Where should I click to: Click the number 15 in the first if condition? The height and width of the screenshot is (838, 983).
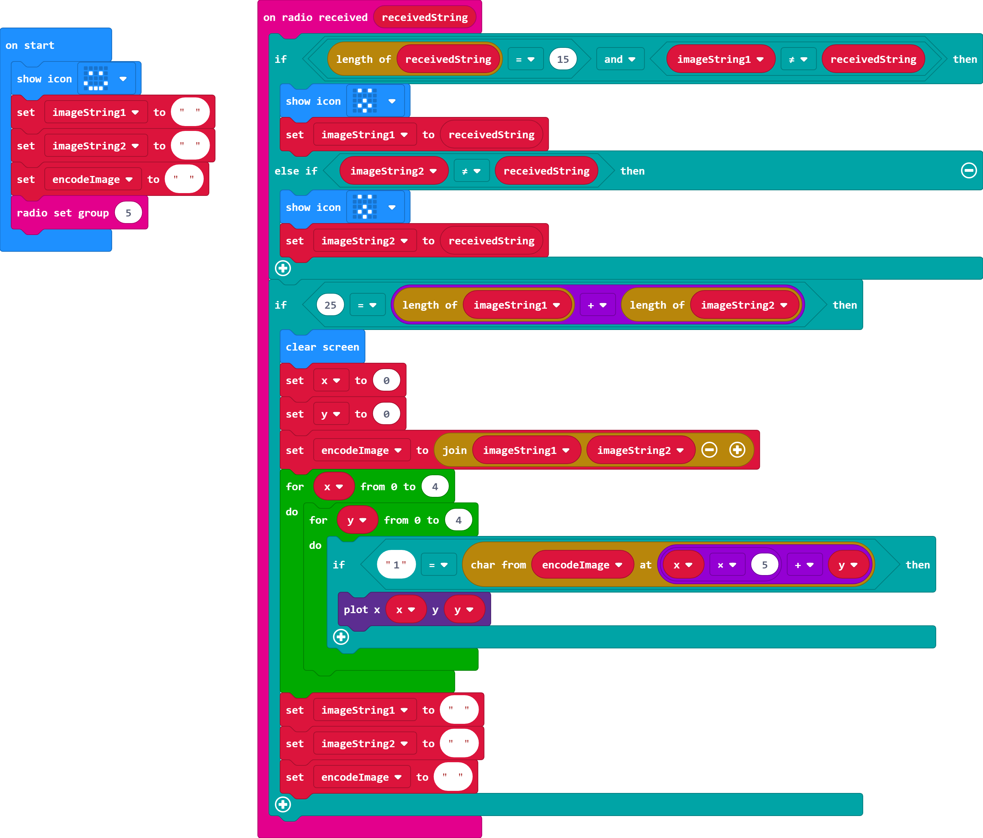coord(563,59)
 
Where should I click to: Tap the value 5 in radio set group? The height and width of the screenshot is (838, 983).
coord(128,213)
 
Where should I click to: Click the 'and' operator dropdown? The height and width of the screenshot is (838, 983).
coord(620,59)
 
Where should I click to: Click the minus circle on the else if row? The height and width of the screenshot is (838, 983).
coord(968,170)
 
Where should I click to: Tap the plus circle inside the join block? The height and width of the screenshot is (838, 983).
coord(737,450)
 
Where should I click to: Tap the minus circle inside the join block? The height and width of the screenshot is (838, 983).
coord(709,450)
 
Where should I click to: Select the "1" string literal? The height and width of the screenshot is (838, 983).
coord(396,565)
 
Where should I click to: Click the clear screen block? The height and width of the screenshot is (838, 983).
coord(322,347)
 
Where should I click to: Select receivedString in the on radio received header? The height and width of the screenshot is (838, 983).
coord(425,17)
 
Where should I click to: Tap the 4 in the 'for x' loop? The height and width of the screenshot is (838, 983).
coord(435,487)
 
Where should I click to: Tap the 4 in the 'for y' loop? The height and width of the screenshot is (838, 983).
coord(458,520)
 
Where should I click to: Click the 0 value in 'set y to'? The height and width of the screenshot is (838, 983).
coord(386,414)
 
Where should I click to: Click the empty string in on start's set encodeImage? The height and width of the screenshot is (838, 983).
coord(184,179)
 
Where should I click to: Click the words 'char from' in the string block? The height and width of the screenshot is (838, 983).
coord(498,565)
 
